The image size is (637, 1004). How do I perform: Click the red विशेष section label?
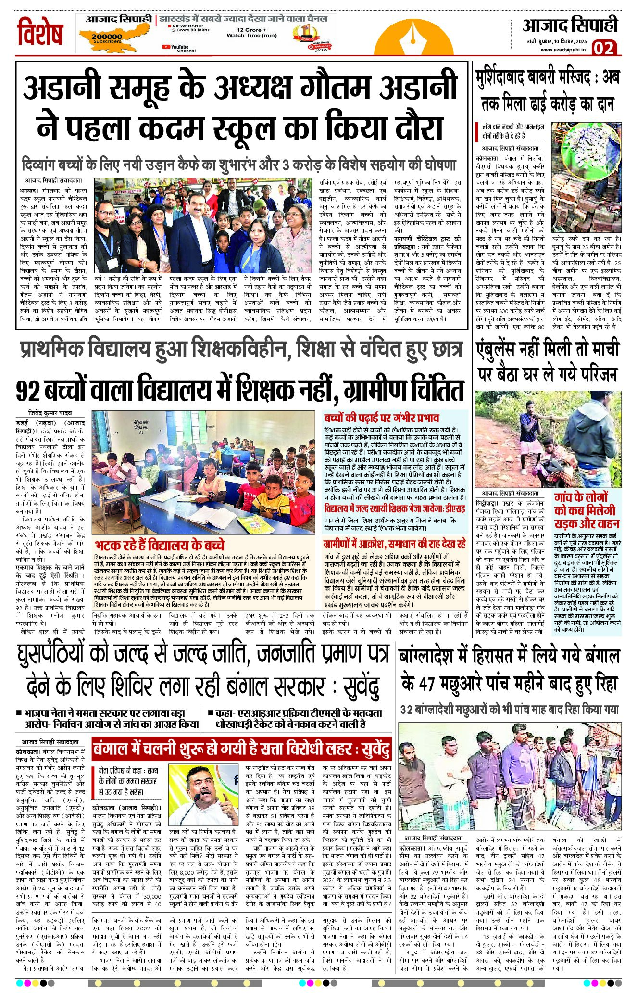coord(40,33)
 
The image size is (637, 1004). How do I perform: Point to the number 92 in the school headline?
coord(28,390)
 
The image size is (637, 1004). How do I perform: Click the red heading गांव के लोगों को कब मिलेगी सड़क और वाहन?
coord(587,510)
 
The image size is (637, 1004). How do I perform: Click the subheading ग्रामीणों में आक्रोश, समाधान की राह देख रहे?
coord(394,544)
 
